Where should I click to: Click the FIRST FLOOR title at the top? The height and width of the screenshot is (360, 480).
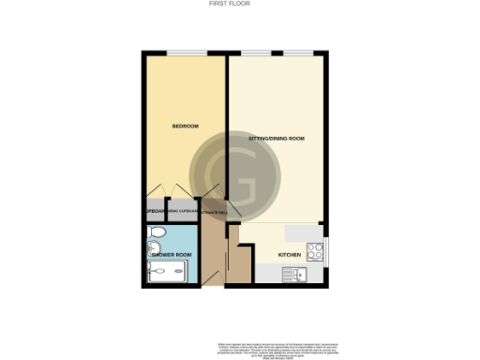[239, 4]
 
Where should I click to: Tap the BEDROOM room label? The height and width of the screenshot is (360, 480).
[184, 126]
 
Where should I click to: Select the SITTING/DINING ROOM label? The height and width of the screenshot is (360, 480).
[277, 139]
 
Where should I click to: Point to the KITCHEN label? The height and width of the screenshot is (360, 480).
[289, 254]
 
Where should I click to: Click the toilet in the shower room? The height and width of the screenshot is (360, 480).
[155, 232]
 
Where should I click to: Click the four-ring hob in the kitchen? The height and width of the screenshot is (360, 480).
[316, 251]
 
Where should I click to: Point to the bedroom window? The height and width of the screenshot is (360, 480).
[185, 53]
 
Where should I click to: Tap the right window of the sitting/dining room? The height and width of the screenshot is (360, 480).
[298, 53]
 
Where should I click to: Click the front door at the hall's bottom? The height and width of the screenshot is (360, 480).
[214, 279]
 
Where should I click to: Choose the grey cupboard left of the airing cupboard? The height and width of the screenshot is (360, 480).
[152, 211]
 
